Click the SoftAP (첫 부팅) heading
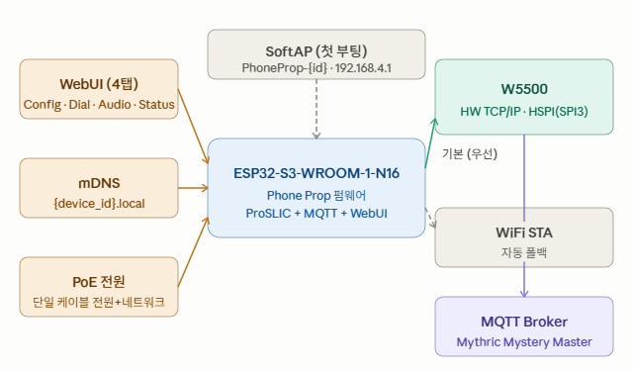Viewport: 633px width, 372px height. [316, 51]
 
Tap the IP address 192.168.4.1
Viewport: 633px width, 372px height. [363, 68]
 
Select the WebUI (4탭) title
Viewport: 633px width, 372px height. [99, 84]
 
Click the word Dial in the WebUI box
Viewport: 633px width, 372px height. [79, 105]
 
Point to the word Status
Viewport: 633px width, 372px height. [156, 105]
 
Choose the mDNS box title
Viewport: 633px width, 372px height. [99, 183]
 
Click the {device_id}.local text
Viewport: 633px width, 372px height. [99, 203]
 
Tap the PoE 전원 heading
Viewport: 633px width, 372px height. [99, 282]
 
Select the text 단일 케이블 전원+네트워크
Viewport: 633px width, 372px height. [99, 302]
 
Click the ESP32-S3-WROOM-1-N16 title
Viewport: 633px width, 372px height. [316, 173]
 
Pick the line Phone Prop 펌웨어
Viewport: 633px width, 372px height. [316, 196]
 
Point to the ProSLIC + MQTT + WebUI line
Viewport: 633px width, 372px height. [316, 214]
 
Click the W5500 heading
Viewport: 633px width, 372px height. [524, 89]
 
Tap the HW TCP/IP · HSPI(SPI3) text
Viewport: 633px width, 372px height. [524, 112]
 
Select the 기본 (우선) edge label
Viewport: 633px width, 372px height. [470, 154]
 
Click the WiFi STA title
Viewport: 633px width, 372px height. [524, 232]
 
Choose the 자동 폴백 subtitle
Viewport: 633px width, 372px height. [524, 253]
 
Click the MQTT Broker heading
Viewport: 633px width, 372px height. [524, 322]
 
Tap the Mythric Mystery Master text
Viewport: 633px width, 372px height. [524, 342]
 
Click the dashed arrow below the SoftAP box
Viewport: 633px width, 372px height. [316, 109]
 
